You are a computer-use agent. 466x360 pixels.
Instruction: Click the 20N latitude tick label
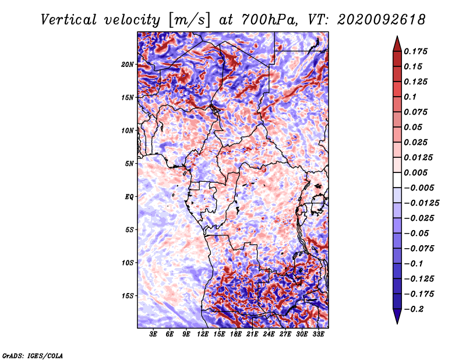[x=128, y=65]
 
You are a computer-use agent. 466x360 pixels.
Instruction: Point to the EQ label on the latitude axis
[x=129, y=197]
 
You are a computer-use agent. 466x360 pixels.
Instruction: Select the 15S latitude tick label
[x=128, y=296]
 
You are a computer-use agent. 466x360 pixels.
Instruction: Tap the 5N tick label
[x=129, y=164]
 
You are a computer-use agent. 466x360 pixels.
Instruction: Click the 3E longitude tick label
[x=153, y=334]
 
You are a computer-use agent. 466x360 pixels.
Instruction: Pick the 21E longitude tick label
[x=252, y=334]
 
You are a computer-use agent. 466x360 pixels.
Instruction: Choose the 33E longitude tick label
[x=318, y=334]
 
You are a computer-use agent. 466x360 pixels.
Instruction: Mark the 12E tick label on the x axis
[x=203, y=334]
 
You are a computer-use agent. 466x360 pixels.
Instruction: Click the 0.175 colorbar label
[x=415, y=51]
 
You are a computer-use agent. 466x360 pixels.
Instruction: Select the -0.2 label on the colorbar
[x=414, y=309]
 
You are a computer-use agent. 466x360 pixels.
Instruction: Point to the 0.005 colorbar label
[x=415, y=172]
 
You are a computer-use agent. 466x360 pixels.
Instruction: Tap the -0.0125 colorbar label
[x=421, y=203]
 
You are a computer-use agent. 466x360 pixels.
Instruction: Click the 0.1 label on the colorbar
[x=410, y=97]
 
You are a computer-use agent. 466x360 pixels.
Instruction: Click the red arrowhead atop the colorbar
[x=397, y=44]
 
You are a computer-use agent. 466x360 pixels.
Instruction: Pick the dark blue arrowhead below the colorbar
[x=397, y=316]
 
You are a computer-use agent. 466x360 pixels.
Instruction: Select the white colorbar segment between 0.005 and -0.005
[x=397, y=180]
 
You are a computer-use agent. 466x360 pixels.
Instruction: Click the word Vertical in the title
[x=69, y=20]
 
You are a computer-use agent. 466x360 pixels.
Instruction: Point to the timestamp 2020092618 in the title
[x=382, y=20]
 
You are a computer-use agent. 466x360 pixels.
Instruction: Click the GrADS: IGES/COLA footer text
[x=33, y=356]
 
